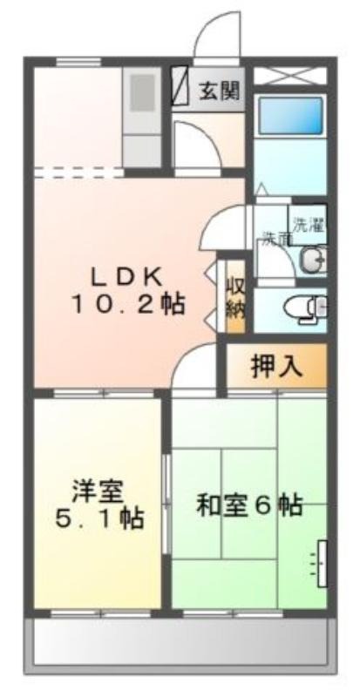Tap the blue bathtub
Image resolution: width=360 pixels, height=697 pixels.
pyautogui.click(x=290, y=116)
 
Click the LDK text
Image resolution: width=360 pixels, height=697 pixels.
pyautogui.click(x=126, y=279)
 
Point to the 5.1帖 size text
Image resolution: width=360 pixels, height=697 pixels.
pyautogui.click(x=99, y=518)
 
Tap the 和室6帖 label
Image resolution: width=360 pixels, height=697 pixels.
pyautogui.click(x=249, y=505)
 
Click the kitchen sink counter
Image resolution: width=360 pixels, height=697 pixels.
pyautogui.click(x=142, y=118)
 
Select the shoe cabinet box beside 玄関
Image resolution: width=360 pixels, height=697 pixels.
pyautogui.click(x=180, y=85)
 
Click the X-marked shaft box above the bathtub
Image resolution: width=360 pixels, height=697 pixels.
pyautogui.click(x=290, y=76)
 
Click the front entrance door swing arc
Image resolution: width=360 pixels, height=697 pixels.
pyautogui.click(x=209, y=28)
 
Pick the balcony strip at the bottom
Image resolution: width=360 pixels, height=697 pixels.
pyautogui.click(x=180, y=643)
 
